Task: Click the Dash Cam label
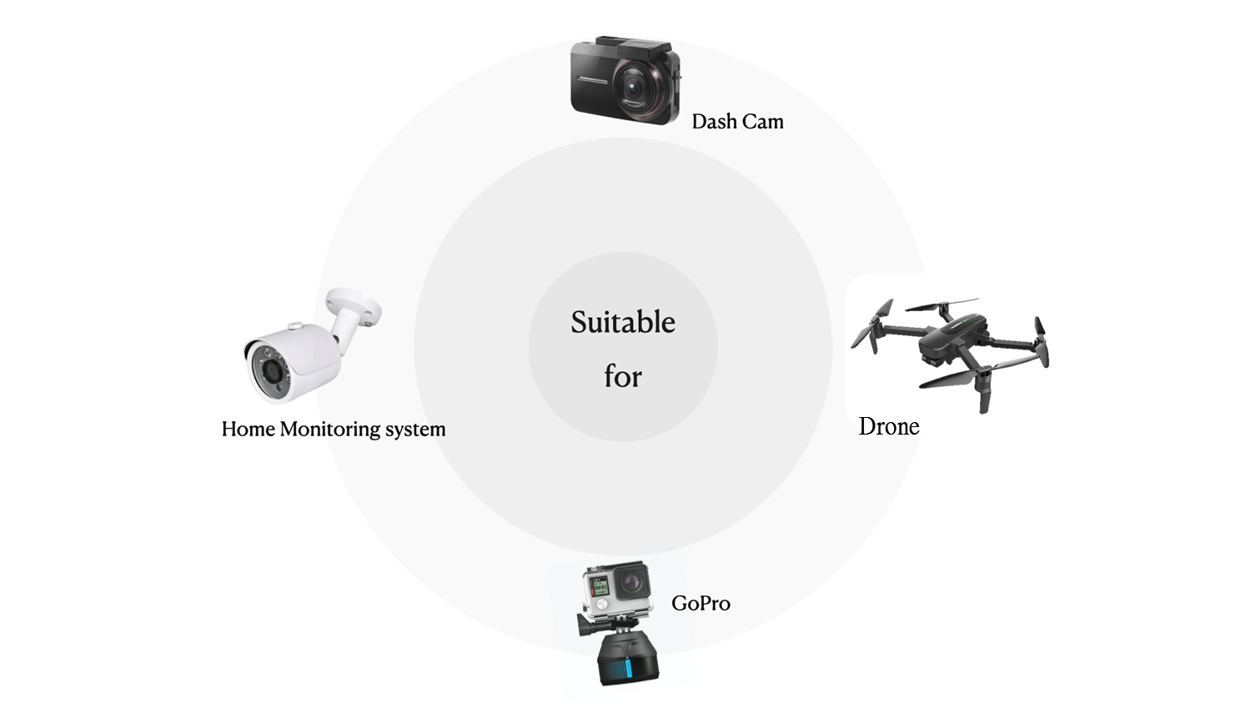pos(737,122)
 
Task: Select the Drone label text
pos(889,426)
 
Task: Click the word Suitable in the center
pos(623,322)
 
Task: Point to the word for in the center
pos(623,376)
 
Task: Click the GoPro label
pos(701,603)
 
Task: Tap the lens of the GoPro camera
pos(631,579)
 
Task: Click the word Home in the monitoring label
pos(248,429)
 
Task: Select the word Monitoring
pos(330,430)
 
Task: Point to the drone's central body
pos(950,343)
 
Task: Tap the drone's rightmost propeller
pos(1042,341)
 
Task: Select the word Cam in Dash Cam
pos(762,122)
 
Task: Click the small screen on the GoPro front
pos(600,586)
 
